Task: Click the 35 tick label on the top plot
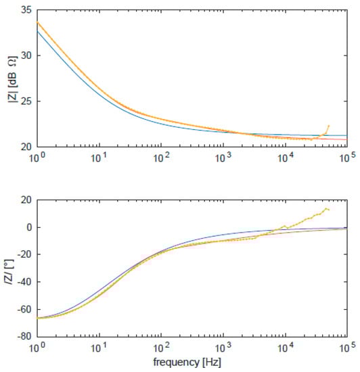[27, 10]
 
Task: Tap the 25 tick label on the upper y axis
[27, 101]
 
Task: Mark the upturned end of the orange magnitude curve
[328, 126]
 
